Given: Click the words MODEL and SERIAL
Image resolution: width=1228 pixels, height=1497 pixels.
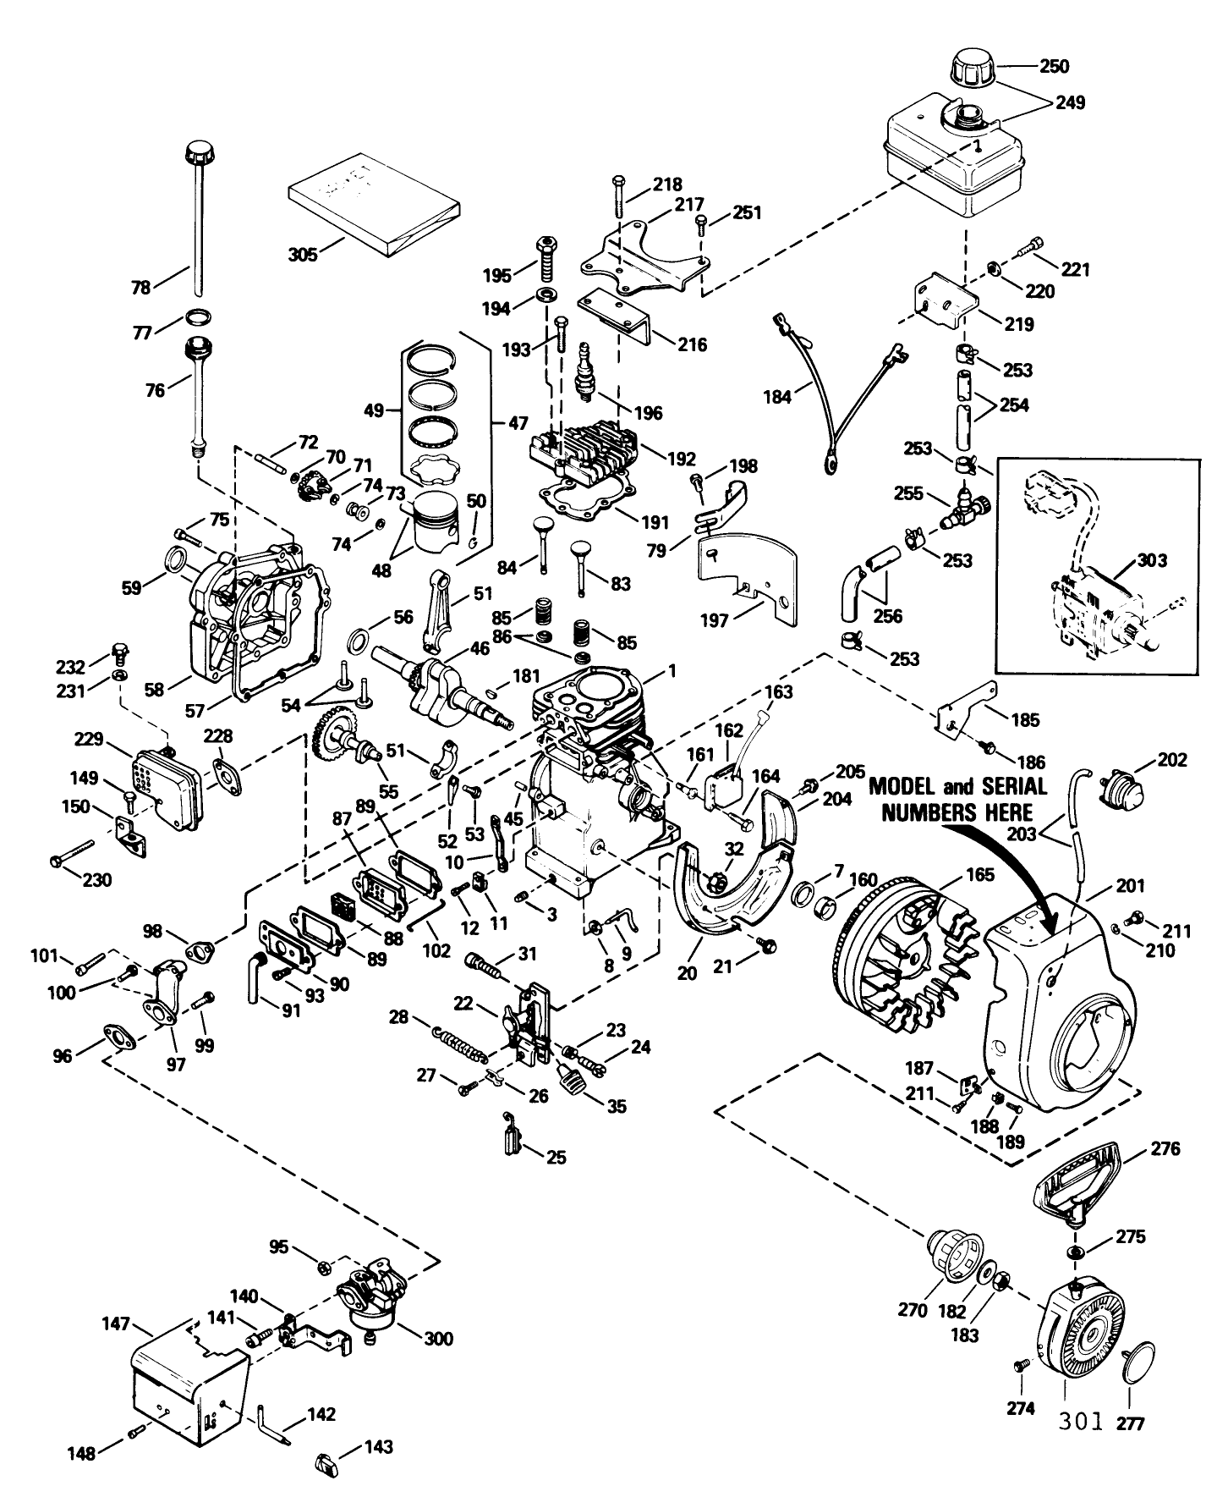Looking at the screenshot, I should pyautogui.click(x=957, y=786).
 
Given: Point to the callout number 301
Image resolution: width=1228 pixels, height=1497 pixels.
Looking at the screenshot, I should pyautogui.click(x=1081, y=1421).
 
